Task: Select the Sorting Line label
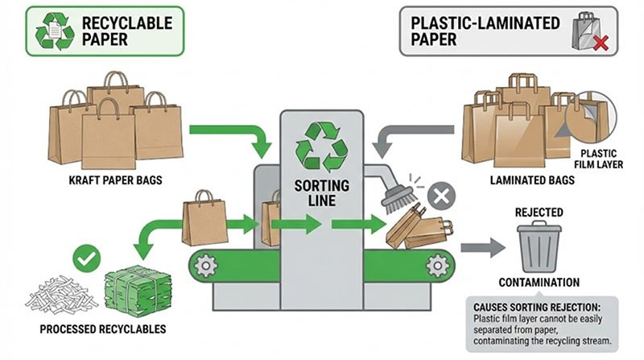321,194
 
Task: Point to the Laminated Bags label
533,180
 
